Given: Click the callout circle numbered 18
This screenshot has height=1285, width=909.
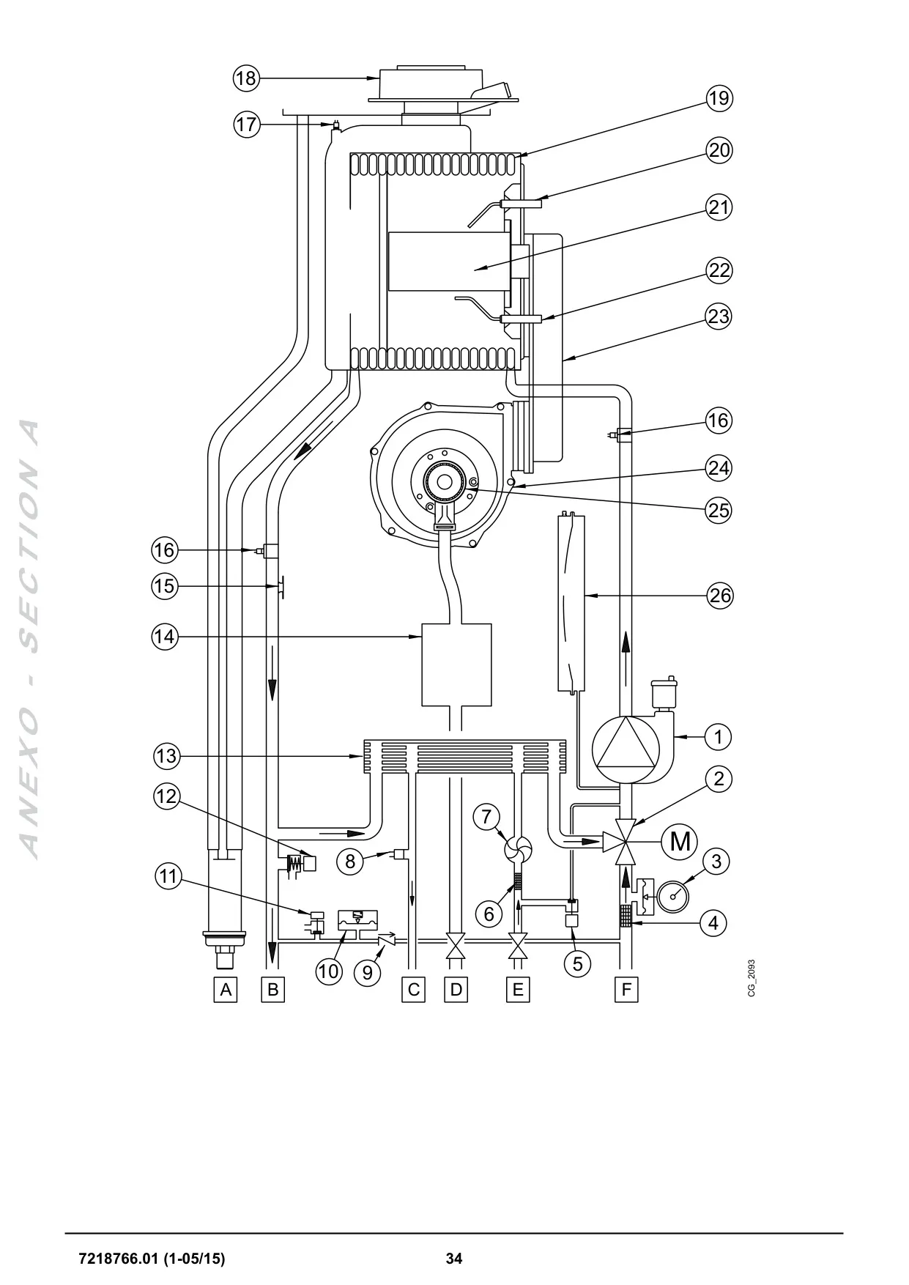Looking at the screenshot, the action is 247,78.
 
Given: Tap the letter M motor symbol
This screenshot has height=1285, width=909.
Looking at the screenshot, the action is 680,842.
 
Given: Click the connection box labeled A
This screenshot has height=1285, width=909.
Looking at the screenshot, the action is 226,990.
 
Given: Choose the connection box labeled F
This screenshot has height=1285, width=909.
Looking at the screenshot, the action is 626,990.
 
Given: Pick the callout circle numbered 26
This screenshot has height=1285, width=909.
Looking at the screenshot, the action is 719,596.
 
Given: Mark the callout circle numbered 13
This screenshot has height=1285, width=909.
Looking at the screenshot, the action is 166,755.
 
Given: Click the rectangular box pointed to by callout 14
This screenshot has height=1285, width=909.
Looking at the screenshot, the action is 456,664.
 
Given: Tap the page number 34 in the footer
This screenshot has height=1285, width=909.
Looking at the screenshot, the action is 454,1259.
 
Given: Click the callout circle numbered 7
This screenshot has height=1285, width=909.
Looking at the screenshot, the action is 487,816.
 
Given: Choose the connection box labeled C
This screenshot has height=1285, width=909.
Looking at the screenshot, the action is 414,990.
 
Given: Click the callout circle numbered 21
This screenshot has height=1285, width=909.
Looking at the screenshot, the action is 719,207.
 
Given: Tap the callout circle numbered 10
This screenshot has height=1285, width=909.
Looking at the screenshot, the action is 330,971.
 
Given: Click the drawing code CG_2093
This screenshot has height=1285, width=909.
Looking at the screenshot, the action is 752,978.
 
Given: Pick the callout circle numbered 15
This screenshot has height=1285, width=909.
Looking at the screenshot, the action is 166,586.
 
